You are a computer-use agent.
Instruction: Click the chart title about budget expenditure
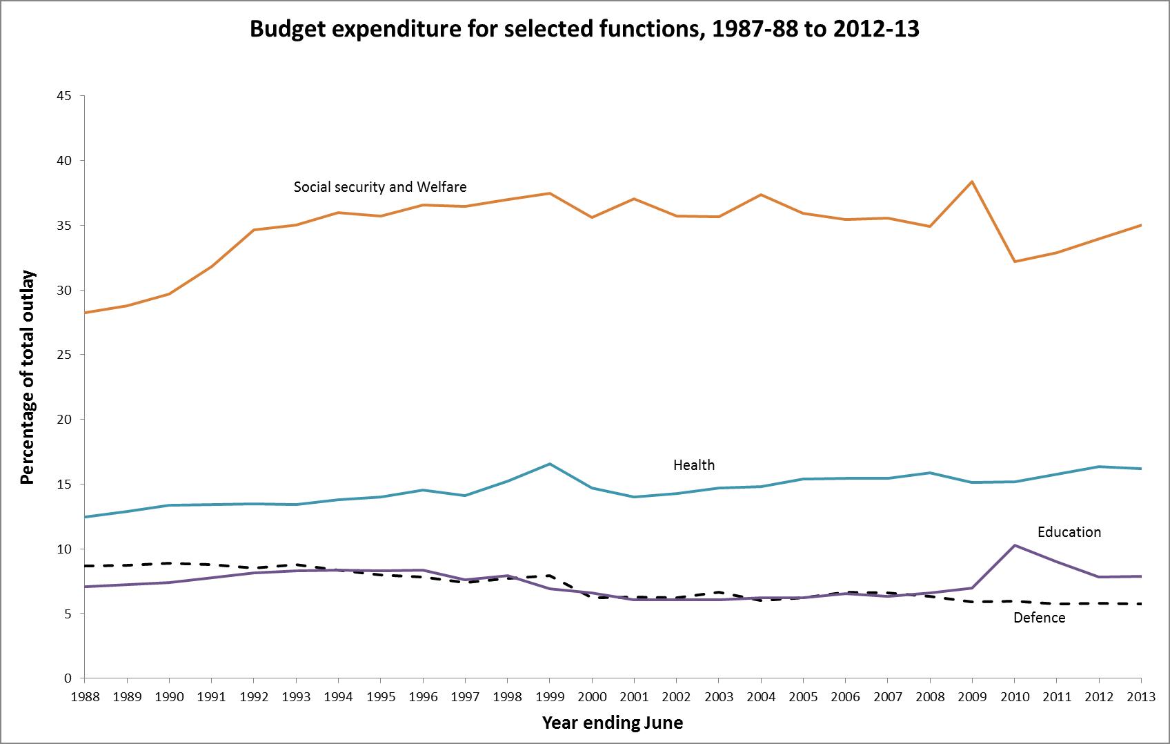coord(584,30)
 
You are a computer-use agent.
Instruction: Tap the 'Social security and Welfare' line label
coord(380,187)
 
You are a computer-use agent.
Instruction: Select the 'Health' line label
coord(694,465)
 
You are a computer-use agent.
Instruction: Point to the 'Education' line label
coord(1069,532)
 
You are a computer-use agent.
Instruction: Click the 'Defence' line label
coord(1039,618)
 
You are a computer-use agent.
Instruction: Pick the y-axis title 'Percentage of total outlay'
coord(28,378)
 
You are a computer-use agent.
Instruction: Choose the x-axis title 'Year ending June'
coord(613,723)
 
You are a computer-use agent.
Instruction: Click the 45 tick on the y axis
coord(64,96)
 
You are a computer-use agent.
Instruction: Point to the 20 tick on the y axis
coord(64,420)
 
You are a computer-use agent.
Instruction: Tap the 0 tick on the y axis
coord(68,678)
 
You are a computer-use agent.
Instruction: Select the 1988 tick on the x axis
coord(85,697)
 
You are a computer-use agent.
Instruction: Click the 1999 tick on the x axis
coord(550,697)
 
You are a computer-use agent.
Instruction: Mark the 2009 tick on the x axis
coord(972,697)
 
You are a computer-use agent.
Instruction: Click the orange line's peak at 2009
coord(972,182)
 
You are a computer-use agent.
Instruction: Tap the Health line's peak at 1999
coord(550,464)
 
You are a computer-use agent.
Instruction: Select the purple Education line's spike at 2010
coord(1015,545)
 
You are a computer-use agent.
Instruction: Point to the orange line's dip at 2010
coord(1015,262)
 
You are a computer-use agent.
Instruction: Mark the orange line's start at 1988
coord(85,313)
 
